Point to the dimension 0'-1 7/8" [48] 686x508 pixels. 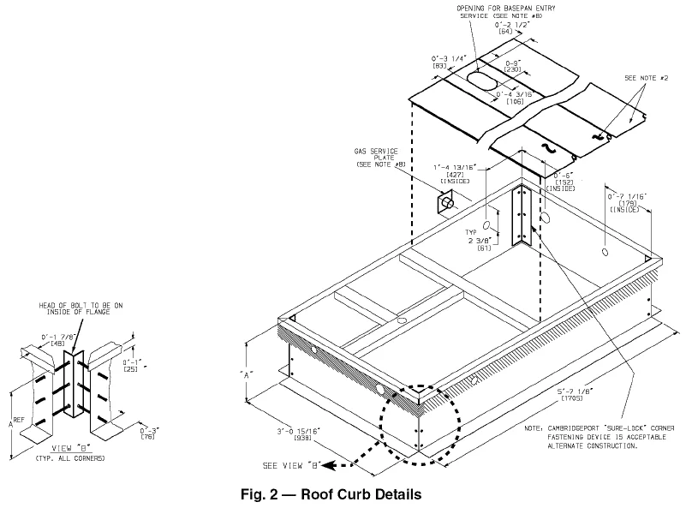pos(40,339)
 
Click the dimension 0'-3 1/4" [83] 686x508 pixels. pos(445,63)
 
